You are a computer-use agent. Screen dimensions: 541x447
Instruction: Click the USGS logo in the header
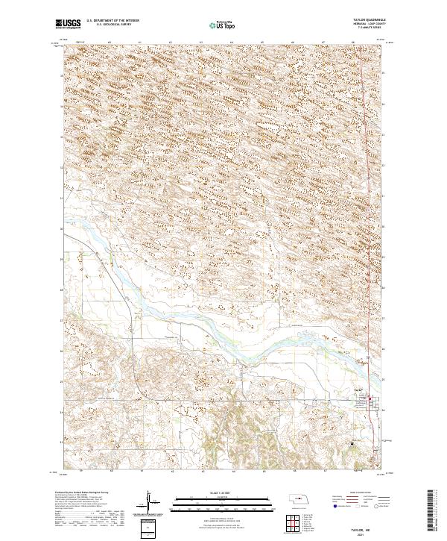69,25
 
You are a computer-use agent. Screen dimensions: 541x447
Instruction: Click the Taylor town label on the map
358,390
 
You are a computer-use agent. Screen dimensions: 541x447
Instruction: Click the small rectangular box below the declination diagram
151,527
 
